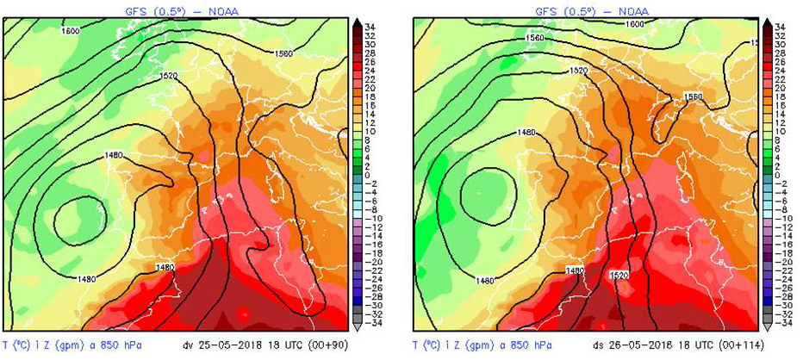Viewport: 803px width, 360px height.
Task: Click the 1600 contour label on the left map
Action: point(72,31)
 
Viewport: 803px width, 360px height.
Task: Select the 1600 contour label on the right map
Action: point(634,24)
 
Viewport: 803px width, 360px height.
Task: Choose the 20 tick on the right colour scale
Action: point(780,88)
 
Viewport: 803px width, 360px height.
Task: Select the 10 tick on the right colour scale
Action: point(780,132)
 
